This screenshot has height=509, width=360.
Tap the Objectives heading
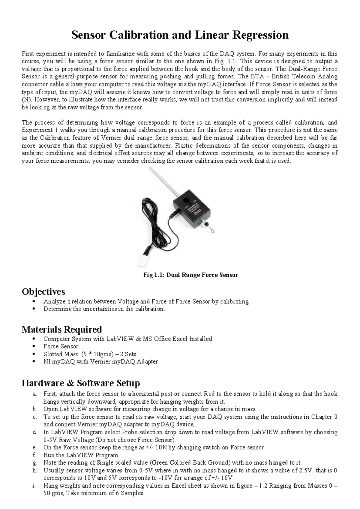point(43,291)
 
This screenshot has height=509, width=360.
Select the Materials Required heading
point(62,329)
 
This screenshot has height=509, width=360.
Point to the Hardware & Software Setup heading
point(81,383)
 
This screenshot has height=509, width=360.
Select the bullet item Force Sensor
point(61,346)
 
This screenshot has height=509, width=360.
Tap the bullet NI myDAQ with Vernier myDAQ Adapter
point(100,362)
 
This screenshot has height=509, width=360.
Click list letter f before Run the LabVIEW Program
point(35,455)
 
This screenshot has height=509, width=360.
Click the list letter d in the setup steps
point(35,432)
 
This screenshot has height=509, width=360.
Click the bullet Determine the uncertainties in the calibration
point(104,309)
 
